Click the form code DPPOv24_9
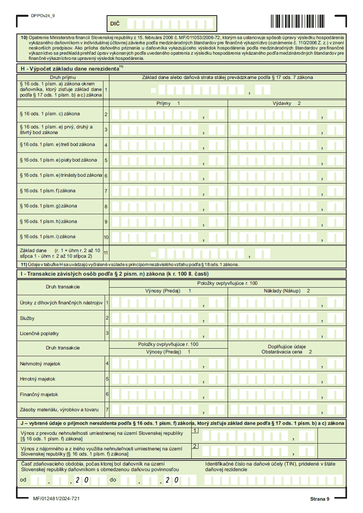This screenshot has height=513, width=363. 43,16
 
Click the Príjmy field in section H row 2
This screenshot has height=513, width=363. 168,114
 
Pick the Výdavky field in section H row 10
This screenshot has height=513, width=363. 286,237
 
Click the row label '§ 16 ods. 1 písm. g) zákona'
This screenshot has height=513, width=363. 48,206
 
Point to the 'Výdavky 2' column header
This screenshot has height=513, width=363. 286,103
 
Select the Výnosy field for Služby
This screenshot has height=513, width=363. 168,318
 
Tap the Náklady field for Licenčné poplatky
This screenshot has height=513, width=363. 286,333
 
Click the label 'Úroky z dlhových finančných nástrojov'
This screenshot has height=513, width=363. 61,303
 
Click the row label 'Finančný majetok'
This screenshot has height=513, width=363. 39,395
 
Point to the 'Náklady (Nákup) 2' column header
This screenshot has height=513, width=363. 286,291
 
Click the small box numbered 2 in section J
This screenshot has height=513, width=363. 195,446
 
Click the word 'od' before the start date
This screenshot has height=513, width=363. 23,479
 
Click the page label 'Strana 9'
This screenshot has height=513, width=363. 319,499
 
